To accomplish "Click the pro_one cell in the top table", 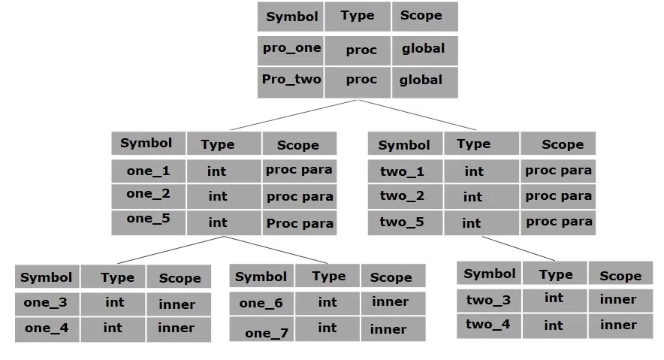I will coord(291,49).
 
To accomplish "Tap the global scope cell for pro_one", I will coord(424,49).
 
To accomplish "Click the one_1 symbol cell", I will coord(148,171).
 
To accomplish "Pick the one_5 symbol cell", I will coord(148,221).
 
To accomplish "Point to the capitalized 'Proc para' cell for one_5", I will coord(299,222).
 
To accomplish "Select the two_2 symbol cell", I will coord(403,196).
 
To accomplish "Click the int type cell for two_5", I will coord(472,222).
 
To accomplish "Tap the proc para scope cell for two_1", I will coord(558,171).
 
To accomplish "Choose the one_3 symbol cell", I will coord(47,304).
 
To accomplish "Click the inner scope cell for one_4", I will coord(177,328).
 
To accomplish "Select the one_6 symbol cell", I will coord(261,303).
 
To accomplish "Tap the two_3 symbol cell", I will coord(488,300).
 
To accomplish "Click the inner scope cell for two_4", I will coord(619,325).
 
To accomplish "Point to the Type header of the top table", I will coord(358,16).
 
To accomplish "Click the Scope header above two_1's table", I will coord(562,144).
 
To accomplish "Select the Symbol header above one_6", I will coord(261,277).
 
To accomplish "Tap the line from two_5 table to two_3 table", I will coord(518,249).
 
